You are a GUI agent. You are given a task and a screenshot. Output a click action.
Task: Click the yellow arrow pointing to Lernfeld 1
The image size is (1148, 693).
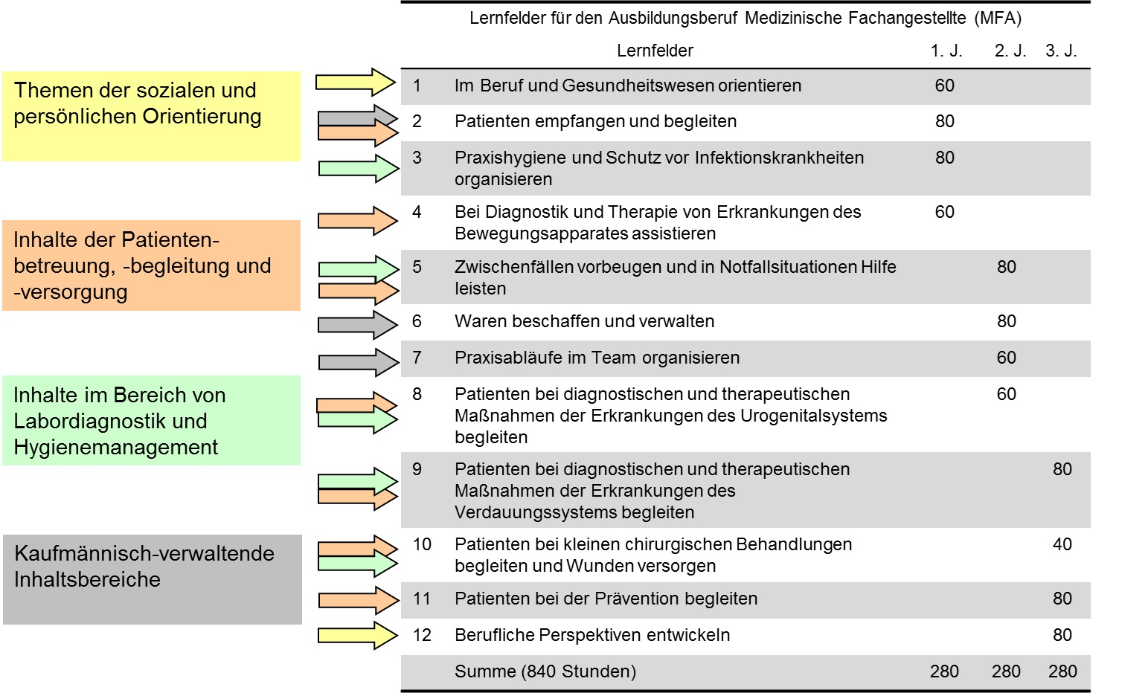[x=355, y=82]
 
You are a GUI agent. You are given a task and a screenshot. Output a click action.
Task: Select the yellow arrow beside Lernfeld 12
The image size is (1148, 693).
[x=358, y=636]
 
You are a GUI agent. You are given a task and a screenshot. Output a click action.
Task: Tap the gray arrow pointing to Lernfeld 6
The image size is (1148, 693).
[x=358, y=325]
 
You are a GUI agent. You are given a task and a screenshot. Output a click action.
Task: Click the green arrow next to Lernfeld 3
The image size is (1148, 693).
[x=359, y=169]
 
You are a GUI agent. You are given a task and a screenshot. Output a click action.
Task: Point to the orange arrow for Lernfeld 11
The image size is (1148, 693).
[x=359, y=600]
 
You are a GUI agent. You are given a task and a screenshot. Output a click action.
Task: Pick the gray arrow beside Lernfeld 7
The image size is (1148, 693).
[x=359, y=363]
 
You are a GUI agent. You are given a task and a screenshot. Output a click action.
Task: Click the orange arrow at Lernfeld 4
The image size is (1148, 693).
[x=358, y=221]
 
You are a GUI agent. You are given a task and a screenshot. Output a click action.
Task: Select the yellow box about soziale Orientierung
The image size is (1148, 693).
[x=151, y=116]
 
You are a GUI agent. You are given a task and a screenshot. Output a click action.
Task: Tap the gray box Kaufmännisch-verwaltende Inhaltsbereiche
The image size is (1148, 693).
[x=153, y=579]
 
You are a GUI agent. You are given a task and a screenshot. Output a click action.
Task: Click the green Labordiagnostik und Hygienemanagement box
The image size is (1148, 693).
[x=151, y=421]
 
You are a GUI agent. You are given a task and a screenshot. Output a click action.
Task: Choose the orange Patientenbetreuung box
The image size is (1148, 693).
[x=151, y=265]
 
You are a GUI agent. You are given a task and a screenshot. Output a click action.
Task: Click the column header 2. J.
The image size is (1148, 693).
[x=1010, y=51]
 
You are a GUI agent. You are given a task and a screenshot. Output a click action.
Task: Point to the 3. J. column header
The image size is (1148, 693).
[x=1062, y=51]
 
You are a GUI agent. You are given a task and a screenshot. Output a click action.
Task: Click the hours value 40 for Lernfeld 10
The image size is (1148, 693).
[x=1062, y=544]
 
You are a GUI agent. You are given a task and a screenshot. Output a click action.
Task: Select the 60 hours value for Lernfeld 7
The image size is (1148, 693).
[x=1007, y=358]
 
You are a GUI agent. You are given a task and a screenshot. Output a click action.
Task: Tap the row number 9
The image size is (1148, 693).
[x=417, y=469]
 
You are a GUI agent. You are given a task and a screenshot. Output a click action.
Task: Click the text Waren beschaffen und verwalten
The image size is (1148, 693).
[x=584, y=321]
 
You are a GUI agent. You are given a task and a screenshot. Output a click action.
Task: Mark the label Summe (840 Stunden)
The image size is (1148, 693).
[x=545, y=671]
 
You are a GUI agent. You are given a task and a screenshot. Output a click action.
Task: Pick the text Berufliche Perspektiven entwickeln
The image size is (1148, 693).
[x=592, y=635]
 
